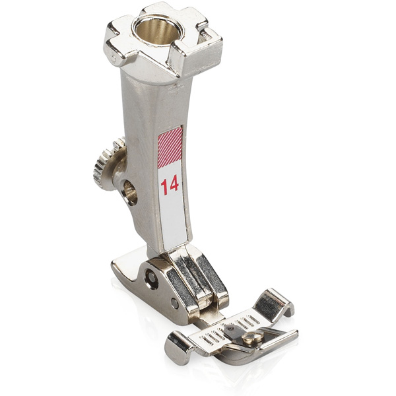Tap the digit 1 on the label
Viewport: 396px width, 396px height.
coord(164,187)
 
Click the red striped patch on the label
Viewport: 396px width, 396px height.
coord(170,147)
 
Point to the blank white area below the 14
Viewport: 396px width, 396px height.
coord(174,222)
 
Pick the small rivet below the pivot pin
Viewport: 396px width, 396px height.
coord(174,304)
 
